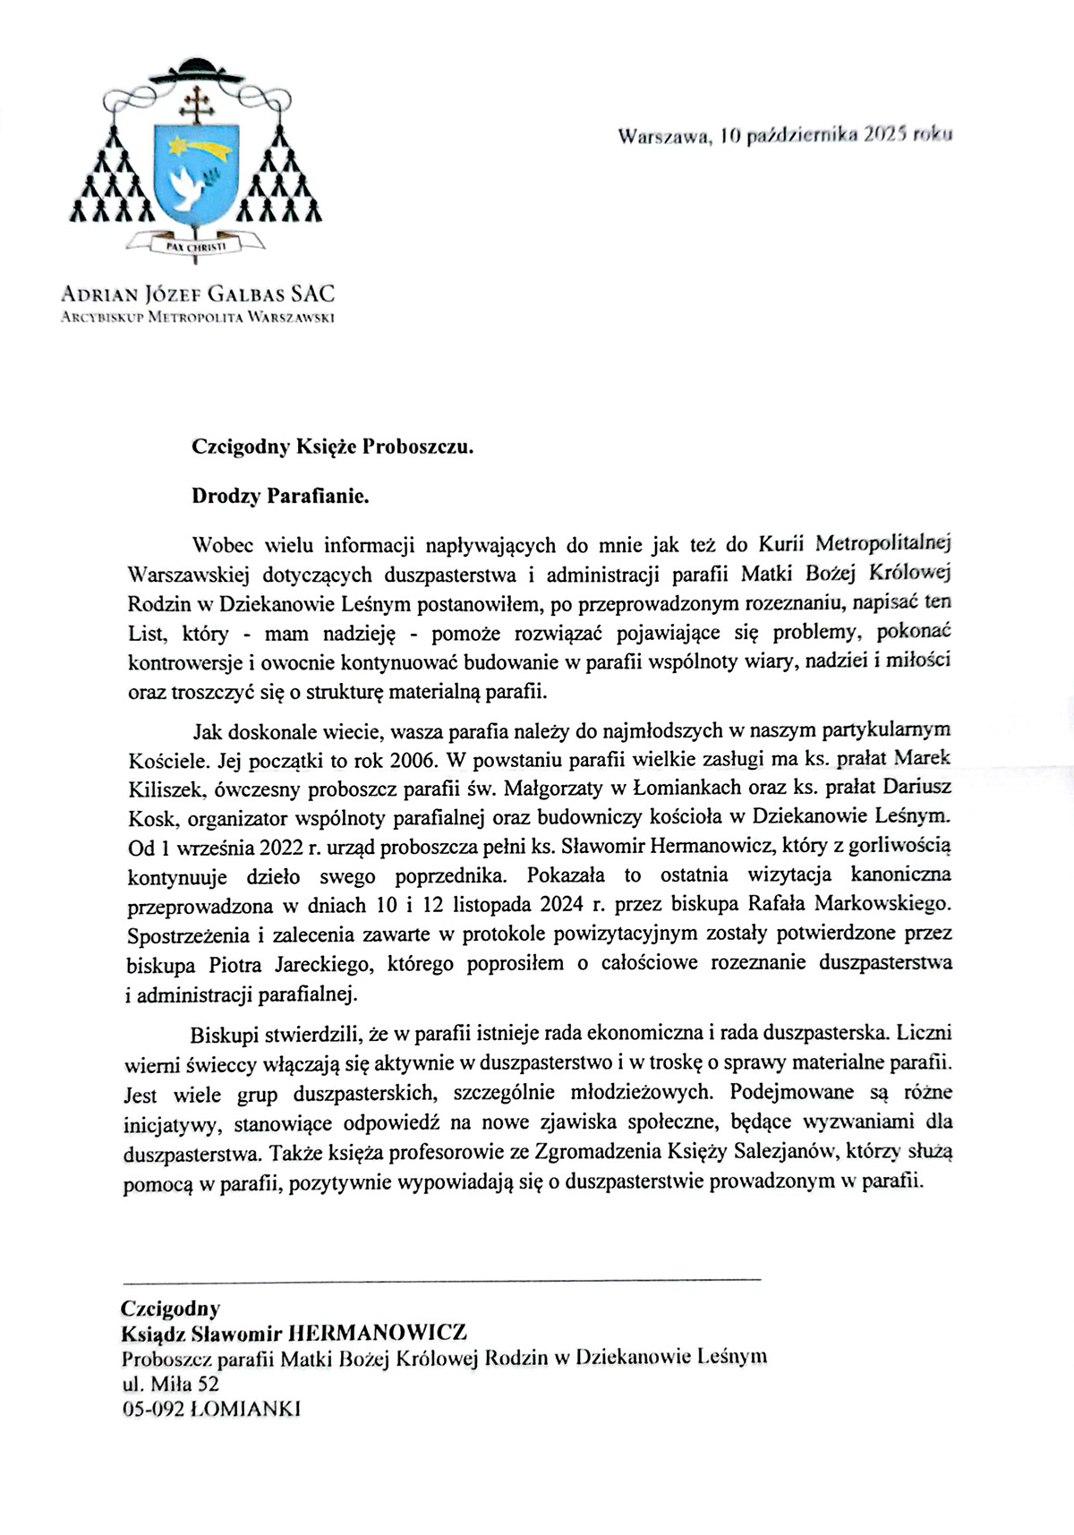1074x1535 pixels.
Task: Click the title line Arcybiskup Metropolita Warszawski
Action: [x=197, y=316]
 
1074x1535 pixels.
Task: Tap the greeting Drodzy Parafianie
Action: [x=280, y=496]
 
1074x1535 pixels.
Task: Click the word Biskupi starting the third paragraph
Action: [x=222, y=1034]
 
